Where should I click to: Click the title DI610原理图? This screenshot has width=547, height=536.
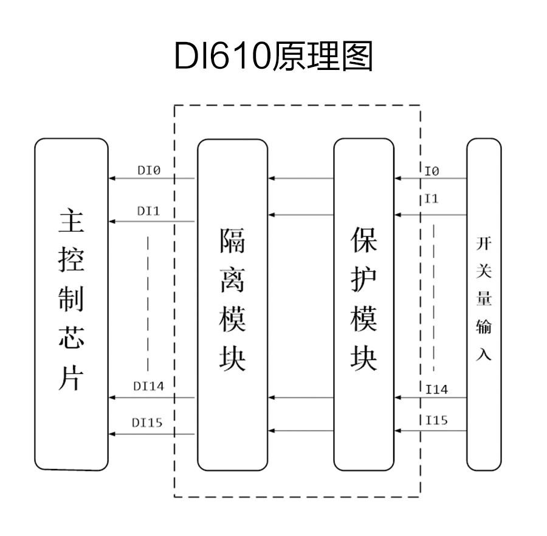tap(273, 57)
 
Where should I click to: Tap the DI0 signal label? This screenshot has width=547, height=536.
tap(148, 172)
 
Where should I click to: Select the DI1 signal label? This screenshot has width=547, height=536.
tap(148, 211)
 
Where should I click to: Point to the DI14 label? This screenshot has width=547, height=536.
tap(148, 386)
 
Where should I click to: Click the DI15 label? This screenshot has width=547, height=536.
tap(148, 422)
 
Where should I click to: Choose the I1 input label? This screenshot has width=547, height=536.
tap(432, 199)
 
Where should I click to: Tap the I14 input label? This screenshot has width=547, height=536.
tap(436, 390)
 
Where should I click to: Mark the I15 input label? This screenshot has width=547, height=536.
tap(436, 420)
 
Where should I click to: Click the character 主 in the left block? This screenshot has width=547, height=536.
tap(71, 223)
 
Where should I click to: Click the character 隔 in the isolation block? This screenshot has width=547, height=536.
tap(232, 241)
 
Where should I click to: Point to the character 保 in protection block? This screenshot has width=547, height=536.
tap(363, 241)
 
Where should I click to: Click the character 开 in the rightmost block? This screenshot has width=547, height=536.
tap(484, 244)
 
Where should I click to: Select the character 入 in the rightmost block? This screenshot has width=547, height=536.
tap(484, 354)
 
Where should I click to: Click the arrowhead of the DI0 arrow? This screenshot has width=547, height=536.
tap(112, 179)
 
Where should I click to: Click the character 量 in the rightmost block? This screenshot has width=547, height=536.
tap(484, 299)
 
